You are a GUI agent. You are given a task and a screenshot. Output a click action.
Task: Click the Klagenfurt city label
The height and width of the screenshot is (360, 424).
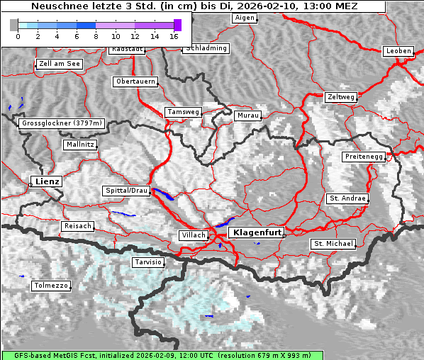point(258,232)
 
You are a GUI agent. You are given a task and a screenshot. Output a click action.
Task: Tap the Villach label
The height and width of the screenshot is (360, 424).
point(193,235)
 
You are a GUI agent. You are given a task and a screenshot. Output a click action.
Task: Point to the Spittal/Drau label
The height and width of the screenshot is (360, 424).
point(126,191)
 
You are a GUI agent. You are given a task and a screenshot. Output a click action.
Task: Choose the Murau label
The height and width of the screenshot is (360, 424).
point(248,115)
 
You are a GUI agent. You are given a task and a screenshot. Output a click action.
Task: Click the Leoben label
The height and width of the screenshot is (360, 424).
point(397,51)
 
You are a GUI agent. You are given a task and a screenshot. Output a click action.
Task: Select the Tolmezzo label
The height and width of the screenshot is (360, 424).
point(51,286)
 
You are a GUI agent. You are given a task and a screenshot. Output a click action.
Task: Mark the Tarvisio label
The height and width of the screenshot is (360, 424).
point(148,262)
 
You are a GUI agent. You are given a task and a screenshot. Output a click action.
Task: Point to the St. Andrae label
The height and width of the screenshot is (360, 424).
point(347,198)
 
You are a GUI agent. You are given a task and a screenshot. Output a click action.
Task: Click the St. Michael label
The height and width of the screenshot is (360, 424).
point(333,244)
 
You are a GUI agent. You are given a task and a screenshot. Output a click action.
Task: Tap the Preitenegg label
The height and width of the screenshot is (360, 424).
point(364,157)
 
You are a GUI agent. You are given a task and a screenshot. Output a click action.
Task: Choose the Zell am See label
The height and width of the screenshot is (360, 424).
point(59,64)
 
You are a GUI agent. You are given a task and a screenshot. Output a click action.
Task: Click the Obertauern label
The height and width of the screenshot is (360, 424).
point(135,81)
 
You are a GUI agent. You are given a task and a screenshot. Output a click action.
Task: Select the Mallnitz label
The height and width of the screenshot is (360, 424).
point(79,145)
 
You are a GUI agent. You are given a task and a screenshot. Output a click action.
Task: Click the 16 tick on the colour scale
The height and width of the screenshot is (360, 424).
point(174,35)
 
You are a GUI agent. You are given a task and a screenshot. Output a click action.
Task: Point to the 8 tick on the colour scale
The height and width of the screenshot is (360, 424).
point(96,35)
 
